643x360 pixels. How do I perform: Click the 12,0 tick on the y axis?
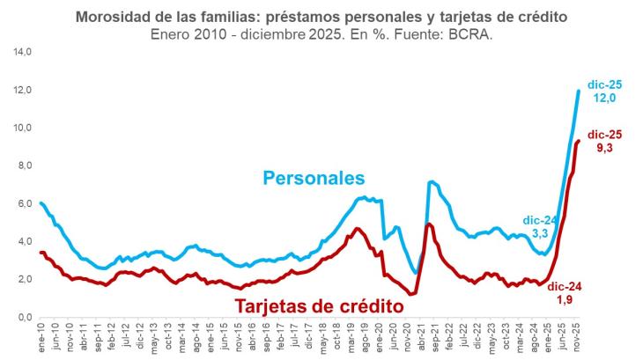[x=20, y=91]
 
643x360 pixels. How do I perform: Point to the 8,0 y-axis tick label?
[x=20, y=166]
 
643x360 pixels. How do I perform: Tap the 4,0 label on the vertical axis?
[x=20, y=242]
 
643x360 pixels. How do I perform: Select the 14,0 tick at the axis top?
[x=20, y=53]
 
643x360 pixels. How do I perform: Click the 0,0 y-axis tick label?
[x=20, y=318]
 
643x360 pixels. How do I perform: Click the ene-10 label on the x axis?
[x=41, y=336]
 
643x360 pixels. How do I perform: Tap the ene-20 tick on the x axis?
[x=380, y=336]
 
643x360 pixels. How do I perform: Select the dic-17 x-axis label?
[x=309, y=336]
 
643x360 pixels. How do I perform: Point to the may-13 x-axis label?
[x=155, y=337]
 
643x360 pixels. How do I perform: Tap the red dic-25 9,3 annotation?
[x=605, y=142]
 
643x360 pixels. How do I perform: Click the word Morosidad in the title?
[x=117, y=17]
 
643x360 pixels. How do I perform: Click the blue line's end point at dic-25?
[x=579, y=91]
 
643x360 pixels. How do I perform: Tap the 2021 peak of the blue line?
[x=432, y=182]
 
